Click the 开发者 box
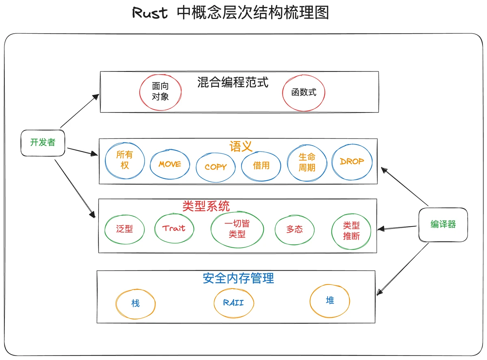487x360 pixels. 43,142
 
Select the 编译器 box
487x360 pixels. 443,224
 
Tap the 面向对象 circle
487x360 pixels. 160,92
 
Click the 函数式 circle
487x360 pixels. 304,93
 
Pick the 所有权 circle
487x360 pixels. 125,161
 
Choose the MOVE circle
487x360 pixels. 170,164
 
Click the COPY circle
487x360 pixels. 215,167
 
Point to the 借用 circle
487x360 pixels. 261,165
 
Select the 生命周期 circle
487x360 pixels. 307,162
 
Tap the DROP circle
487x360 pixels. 352,162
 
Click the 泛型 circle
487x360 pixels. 124,229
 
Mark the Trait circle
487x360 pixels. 174,228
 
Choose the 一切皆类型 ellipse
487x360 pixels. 237,229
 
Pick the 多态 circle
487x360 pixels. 295,229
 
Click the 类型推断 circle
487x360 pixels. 351,231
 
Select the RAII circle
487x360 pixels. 234,303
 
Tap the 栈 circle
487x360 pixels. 136,303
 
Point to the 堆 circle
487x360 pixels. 330,301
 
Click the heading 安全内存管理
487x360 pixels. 238,278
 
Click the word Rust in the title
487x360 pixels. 150,13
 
